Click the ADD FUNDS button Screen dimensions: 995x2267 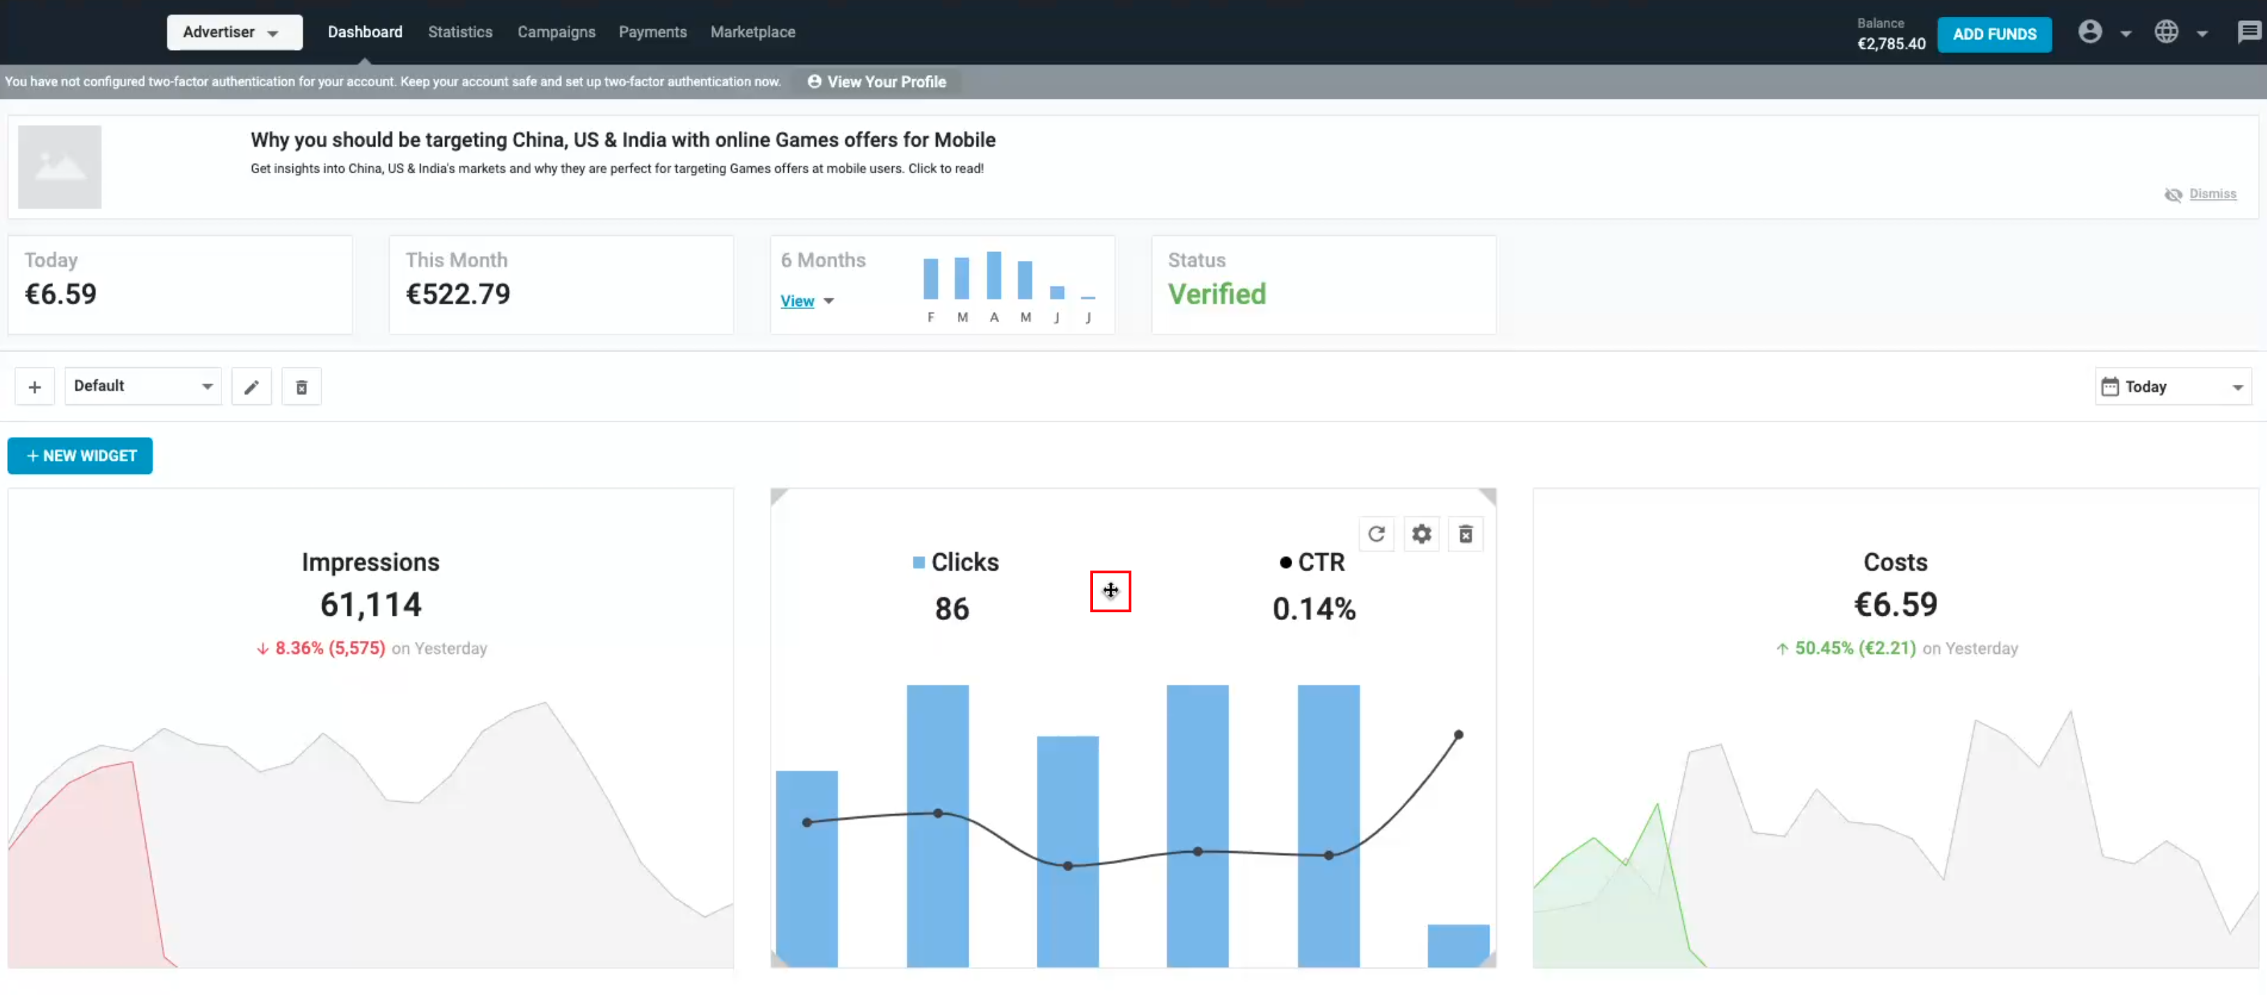pos(1993,34)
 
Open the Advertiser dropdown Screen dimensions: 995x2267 pos(233,33)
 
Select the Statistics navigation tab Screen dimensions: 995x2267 pos(460,33)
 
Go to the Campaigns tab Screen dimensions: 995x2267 pos(556,33)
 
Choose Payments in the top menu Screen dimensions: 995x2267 pos(652,33)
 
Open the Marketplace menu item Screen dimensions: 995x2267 pos(753,33)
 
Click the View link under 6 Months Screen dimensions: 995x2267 pos(797,301)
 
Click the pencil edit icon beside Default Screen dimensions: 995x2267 pos(251,387)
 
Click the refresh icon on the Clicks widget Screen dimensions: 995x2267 pos(1376,534)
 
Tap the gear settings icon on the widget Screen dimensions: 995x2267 pos(1421,534)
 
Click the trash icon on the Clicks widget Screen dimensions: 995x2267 pos(1466,534)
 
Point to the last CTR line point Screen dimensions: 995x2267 pos(1458,735)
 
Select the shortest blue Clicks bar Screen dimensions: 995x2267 pos(1457,945)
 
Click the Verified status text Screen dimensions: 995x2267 pos(1216,294)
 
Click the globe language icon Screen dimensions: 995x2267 pos(2166,33)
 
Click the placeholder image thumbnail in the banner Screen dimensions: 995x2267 pos(60,167)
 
